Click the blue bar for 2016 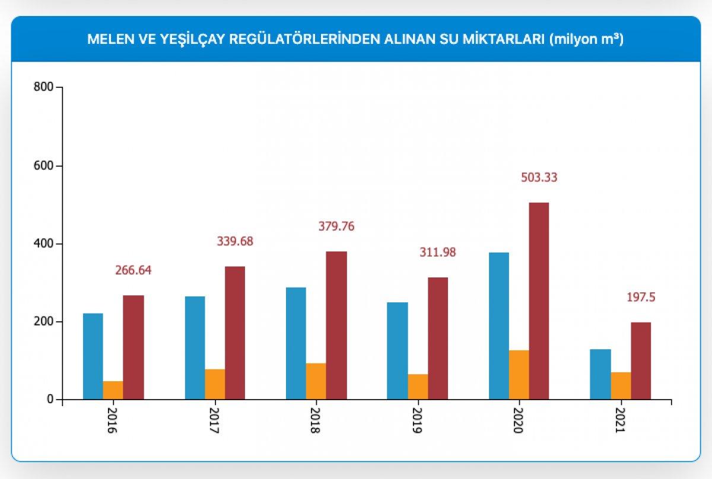point(93,356)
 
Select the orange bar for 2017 point(215,384)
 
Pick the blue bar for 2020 point(498,326)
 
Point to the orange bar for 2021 point(621,386)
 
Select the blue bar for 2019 point(397,350)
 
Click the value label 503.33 point(539,177)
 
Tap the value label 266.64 point(133,270)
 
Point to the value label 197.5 point(641,298)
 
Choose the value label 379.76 point(336,226)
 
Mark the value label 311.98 point(437,253)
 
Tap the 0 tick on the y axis point(50,400)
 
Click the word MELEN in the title point(106,40)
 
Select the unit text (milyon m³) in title point(586,40)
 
